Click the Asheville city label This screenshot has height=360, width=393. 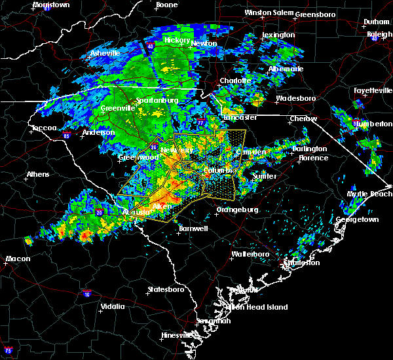pyautogui.click(x=105, y=52)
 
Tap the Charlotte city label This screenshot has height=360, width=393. pyautogui.click(x=235, y=81)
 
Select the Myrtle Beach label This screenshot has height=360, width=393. pyautogui.click(x=370, y=194)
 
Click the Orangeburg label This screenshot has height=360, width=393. pyautogui.click(x=237, y=210)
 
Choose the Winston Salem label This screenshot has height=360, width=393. pyautogui.click(x=267, y=12)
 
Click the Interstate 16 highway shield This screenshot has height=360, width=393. pyautogui.click(x=86, y=295)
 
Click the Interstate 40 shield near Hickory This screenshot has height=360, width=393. pyautogui.click(x=150, y=46)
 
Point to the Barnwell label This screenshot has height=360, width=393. pyautogui.click(x=193, y=228)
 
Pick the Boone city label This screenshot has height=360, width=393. pyautogui.click(x=166, y=5)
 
